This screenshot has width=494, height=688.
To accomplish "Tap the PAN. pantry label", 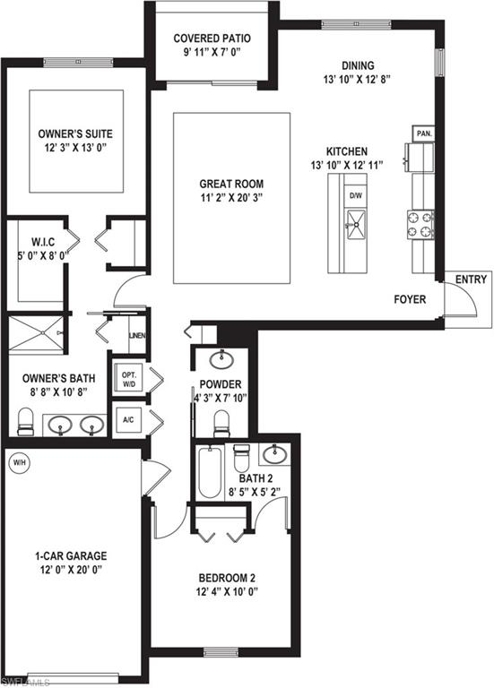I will click(x=424, y=133).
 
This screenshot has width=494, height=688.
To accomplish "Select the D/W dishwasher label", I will click(x=356, y=194).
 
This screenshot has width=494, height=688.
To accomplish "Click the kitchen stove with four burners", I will click(x=420, y=225).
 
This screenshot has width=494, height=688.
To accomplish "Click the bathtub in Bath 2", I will click(x=210, y=473).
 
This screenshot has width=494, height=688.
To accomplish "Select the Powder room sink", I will click(x=221, y=360).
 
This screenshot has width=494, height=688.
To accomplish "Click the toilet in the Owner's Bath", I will click(x=26, y=420).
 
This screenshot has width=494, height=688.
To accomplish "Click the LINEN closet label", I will click(x=137, y=337).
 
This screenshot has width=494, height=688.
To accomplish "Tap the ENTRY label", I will click(x=471, y=279).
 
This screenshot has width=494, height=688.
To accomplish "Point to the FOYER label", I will click(x=410, y=298).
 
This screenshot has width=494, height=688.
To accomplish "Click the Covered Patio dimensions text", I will click(x=212, y=53).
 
